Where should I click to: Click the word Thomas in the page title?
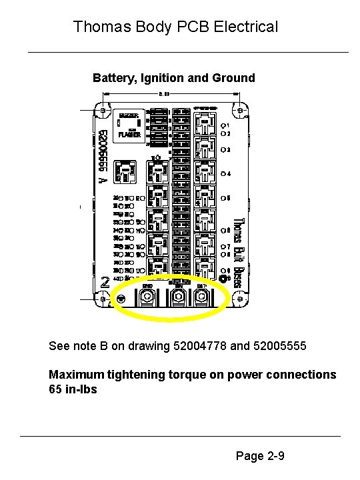[x=97, y=27]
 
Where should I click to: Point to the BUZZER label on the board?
[x=129, y=115]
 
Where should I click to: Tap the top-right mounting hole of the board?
[x=238, y=107]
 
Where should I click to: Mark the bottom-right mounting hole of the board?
[x=238, y=301]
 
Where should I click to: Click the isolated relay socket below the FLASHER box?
[x=125, y=171]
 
